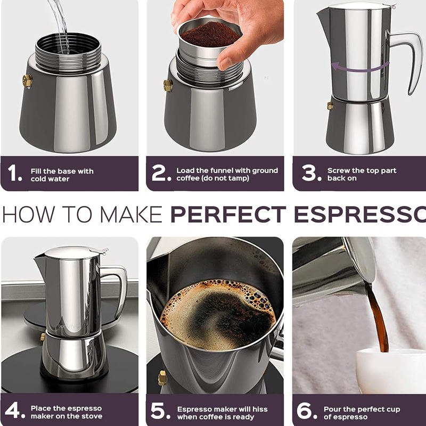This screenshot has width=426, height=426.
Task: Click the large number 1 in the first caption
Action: click(x=12, y=173)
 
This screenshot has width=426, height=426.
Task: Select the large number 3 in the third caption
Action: click(x=309, y=173)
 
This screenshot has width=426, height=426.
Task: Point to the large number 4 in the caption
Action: click(x=12, y=410)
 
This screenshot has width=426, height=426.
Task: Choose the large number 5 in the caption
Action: click(x=158, y=411)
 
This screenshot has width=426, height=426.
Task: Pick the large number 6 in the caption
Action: click(x=304, y=411)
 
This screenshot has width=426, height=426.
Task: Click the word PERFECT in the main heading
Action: click(x=228, y=215)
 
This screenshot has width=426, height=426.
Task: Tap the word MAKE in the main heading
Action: click(x=131, y=215)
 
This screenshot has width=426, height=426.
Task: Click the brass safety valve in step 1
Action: click(x=28, y=81)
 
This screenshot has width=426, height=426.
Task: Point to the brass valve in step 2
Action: click(x=168, y=85)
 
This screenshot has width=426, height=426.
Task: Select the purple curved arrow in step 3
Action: click(x=360, y=67)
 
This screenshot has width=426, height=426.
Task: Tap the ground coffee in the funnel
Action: click(x=211, y=35)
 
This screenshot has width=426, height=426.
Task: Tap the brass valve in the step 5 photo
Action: click(x=162, y=378)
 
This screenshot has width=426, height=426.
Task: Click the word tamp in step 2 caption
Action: click(x=237, y=178)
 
